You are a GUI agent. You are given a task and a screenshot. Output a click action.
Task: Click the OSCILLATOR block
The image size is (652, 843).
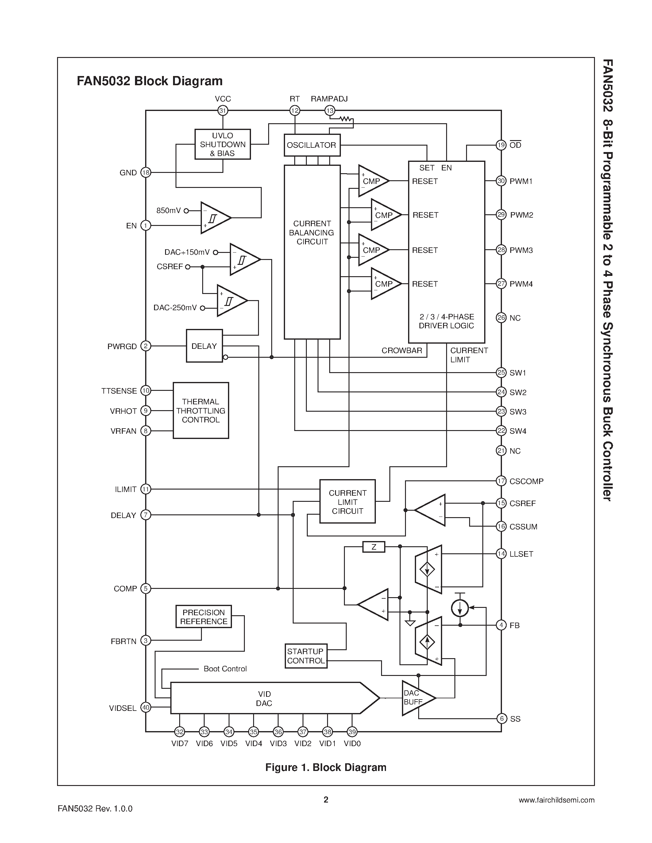(x=312, y=145)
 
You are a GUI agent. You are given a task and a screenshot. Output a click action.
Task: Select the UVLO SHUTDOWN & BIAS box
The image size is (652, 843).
(x=222, y=144)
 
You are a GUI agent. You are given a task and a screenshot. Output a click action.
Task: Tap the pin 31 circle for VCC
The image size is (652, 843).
(x=222, y=111)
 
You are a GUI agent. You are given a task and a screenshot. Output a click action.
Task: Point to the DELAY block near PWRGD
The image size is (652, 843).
(x=204, y=346)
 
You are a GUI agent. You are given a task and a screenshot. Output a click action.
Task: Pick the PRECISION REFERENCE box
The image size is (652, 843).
(x=203, y=617)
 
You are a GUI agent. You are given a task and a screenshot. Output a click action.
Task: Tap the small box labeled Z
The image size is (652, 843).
(x=373, y=547)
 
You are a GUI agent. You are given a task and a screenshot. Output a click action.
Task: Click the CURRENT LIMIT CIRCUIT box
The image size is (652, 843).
(x=347, y=502)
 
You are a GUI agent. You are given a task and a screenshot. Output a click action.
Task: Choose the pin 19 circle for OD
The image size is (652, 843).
(x=501, y=145)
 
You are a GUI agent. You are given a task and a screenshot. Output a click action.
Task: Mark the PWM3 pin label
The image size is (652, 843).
(x=521, y=250)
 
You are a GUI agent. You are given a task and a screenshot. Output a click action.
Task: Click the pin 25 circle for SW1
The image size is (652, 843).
(x=501, y=372)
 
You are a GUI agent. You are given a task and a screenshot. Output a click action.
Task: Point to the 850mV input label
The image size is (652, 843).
(x=168, y=211)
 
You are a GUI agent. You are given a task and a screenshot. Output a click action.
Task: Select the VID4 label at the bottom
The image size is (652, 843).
(x=253, y=743)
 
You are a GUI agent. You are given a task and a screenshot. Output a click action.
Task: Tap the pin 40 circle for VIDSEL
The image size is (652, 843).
(x=146, y=707)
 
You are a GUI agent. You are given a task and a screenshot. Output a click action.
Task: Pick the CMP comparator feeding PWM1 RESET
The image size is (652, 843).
(x=372, y=181)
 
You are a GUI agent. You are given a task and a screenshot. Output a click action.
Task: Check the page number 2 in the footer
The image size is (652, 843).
(x=326, y=799)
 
